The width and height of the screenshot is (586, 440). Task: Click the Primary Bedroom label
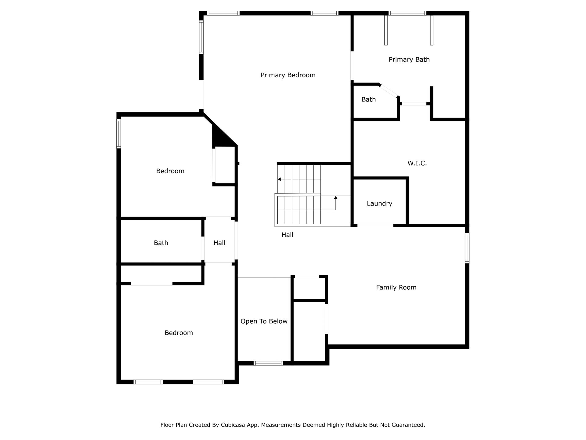288,75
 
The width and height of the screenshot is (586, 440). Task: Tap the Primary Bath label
409,60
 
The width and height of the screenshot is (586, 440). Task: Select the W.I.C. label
417,163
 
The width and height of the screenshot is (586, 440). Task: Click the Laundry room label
379,204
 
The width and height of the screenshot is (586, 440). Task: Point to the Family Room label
396,288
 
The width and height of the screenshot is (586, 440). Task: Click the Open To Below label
264,321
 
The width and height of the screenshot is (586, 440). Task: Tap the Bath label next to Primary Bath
368,99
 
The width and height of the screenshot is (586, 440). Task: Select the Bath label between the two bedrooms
161,243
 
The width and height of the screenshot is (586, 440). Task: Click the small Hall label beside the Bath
219,243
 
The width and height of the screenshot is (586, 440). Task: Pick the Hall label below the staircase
287,235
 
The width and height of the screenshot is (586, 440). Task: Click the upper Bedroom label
170,171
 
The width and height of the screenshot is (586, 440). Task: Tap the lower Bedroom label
179,333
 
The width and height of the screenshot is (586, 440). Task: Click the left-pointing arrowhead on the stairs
279,179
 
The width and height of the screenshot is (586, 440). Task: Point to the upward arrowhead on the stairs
336,198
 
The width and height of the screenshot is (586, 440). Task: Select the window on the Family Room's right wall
467,248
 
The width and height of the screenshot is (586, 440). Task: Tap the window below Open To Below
269,363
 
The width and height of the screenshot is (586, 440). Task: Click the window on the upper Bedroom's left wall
119,134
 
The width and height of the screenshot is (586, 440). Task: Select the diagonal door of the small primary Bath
389,90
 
